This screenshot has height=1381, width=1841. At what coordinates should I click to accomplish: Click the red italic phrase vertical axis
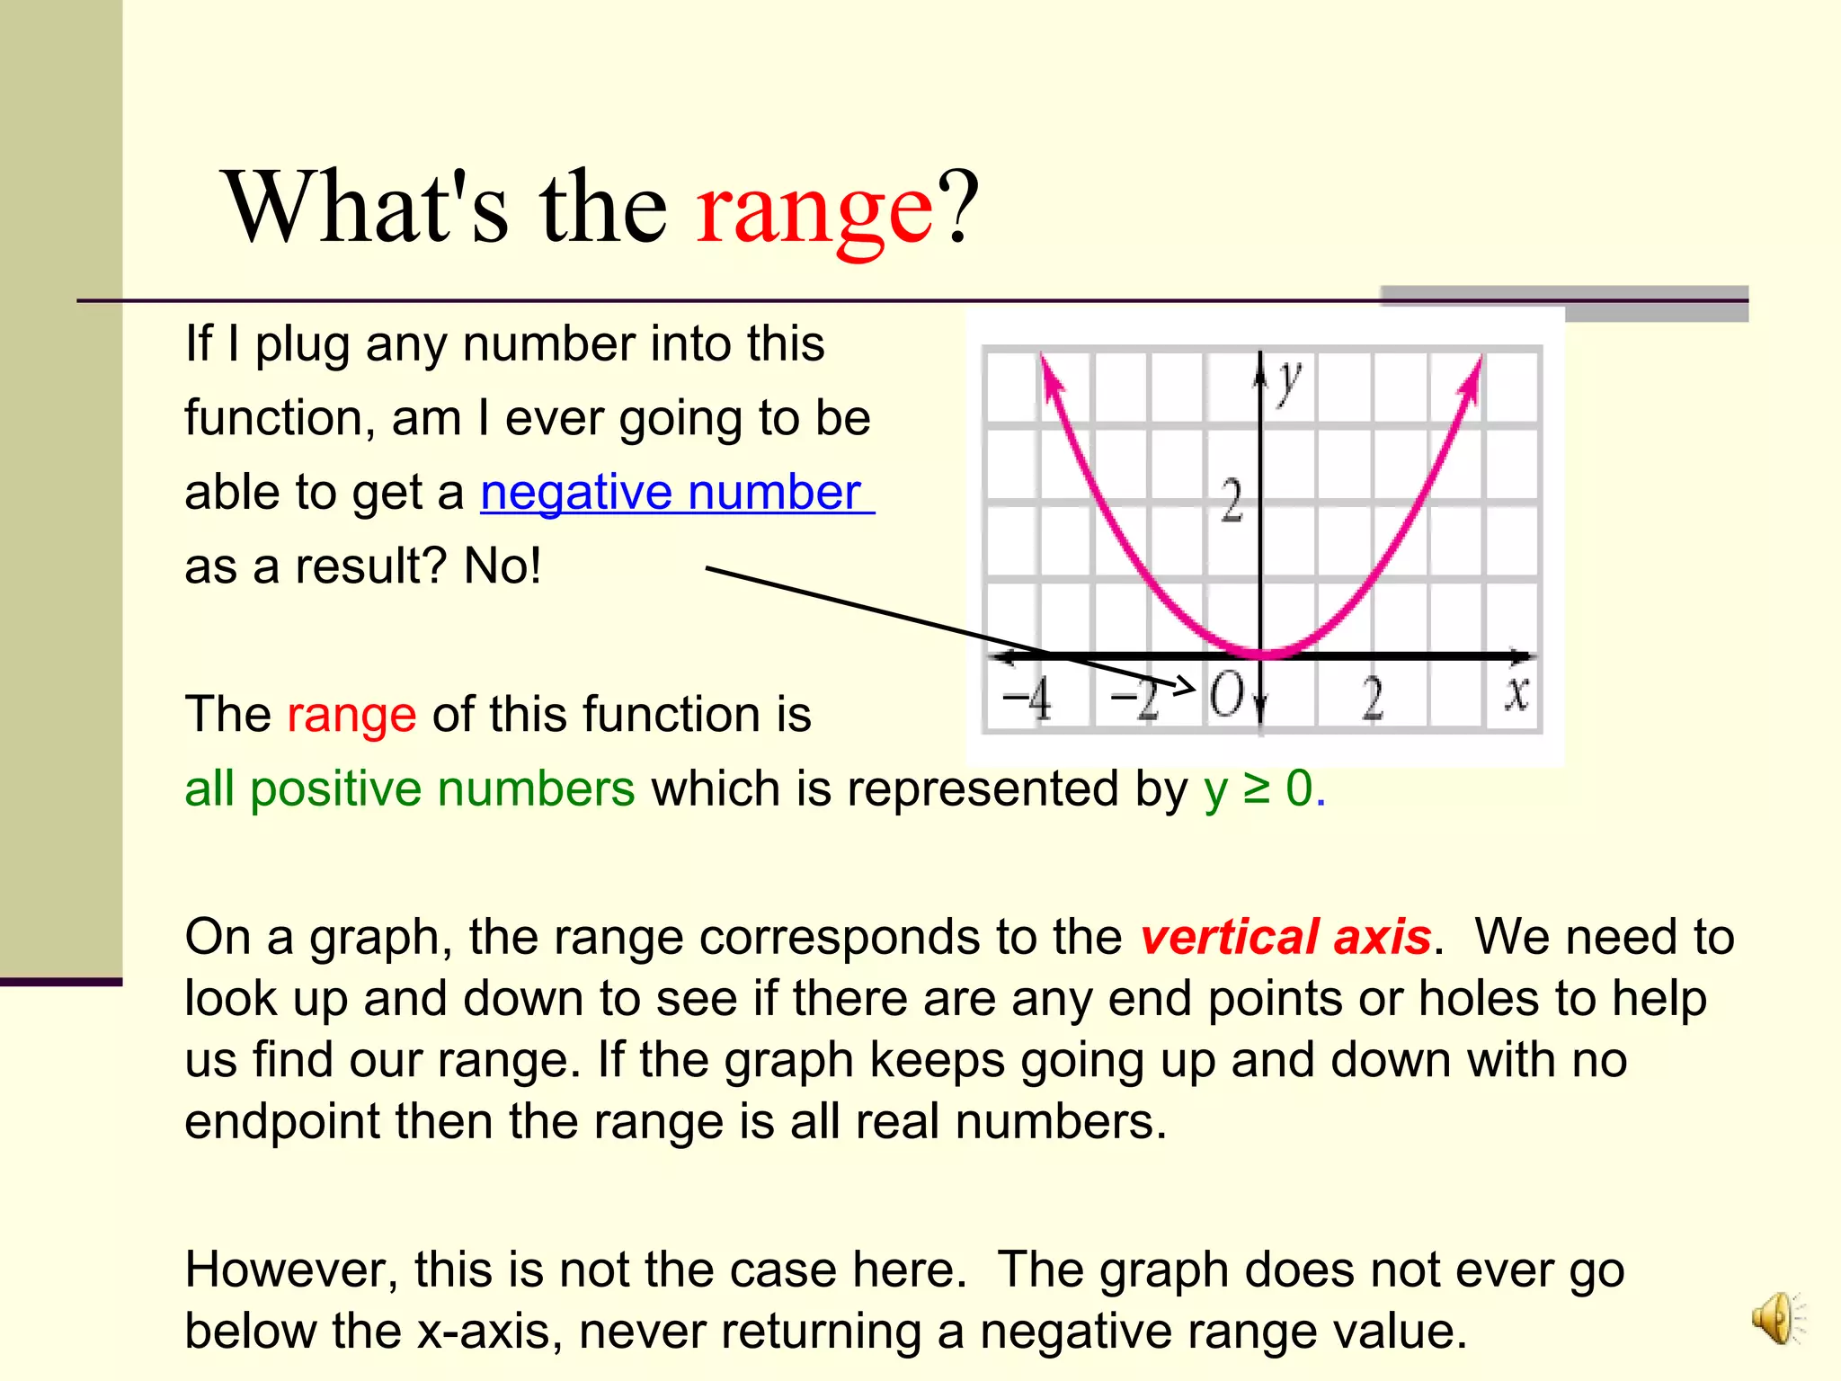pos(1285,937)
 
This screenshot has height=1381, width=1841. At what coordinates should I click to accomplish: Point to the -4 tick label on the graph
pos(1027,699)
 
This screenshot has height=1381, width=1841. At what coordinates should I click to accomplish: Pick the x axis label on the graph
pos(1517,694)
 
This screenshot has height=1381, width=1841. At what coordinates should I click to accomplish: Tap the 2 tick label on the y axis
pos(1232,501)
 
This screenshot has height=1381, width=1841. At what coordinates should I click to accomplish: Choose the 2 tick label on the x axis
pos(1372,699)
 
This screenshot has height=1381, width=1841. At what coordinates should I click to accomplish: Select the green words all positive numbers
pos(409,789)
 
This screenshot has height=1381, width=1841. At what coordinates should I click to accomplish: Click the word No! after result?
pos(502,566)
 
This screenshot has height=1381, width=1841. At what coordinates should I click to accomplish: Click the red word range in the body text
pos(351,715)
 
